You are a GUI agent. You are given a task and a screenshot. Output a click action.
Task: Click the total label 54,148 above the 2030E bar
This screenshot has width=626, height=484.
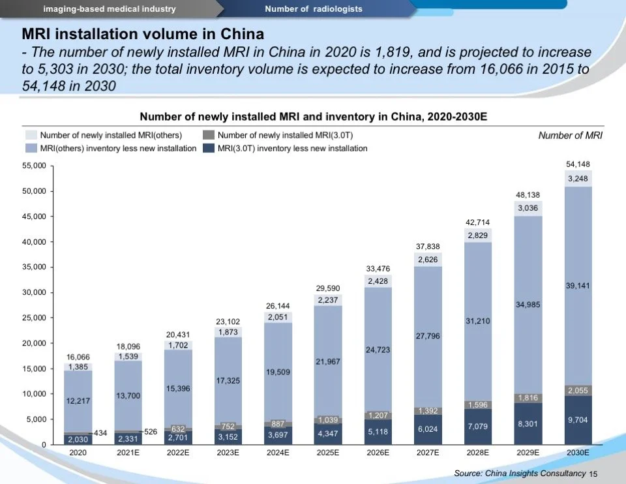(x=578, y=164)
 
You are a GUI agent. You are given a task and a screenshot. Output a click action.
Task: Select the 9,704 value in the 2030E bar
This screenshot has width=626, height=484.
(x=578, y=420)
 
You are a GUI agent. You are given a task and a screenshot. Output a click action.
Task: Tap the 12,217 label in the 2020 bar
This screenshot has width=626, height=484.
(x=78, y=401)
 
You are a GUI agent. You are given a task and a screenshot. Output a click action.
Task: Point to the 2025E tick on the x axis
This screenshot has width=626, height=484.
(x=328, y=452)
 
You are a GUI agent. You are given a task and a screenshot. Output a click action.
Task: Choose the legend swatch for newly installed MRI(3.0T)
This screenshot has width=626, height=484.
(x=209, y=135)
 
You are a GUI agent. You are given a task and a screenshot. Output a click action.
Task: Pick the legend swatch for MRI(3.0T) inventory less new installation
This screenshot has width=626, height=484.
(x=209, y=148)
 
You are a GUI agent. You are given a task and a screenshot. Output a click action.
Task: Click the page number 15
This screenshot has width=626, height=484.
(x=593, y=474)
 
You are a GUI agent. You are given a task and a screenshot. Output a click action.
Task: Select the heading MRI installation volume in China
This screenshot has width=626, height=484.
(x=143, y=33)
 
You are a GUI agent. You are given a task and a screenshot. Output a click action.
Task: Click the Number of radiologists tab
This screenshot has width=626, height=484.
(x=314, y=8)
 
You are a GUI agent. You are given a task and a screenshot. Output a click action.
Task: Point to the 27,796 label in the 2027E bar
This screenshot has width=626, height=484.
(x=428, y=335)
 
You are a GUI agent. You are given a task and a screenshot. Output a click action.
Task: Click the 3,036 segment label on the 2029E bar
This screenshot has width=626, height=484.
(x=528, y=208)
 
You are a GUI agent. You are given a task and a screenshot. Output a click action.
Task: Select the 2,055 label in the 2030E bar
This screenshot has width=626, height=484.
(x=578, y=390)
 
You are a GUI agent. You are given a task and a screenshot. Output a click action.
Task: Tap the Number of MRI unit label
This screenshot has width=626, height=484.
(x=570, y=136)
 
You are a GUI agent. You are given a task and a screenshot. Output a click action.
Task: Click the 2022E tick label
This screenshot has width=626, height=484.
(x=178, y=452)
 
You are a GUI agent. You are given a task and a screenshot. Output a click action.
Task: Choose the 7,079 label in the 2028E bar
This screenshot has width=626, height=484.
(x=478, y=426)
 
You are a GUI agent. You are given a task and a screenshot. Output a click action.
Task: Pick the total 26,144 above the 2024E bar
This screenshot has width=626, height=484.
(x=278, y=306)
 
